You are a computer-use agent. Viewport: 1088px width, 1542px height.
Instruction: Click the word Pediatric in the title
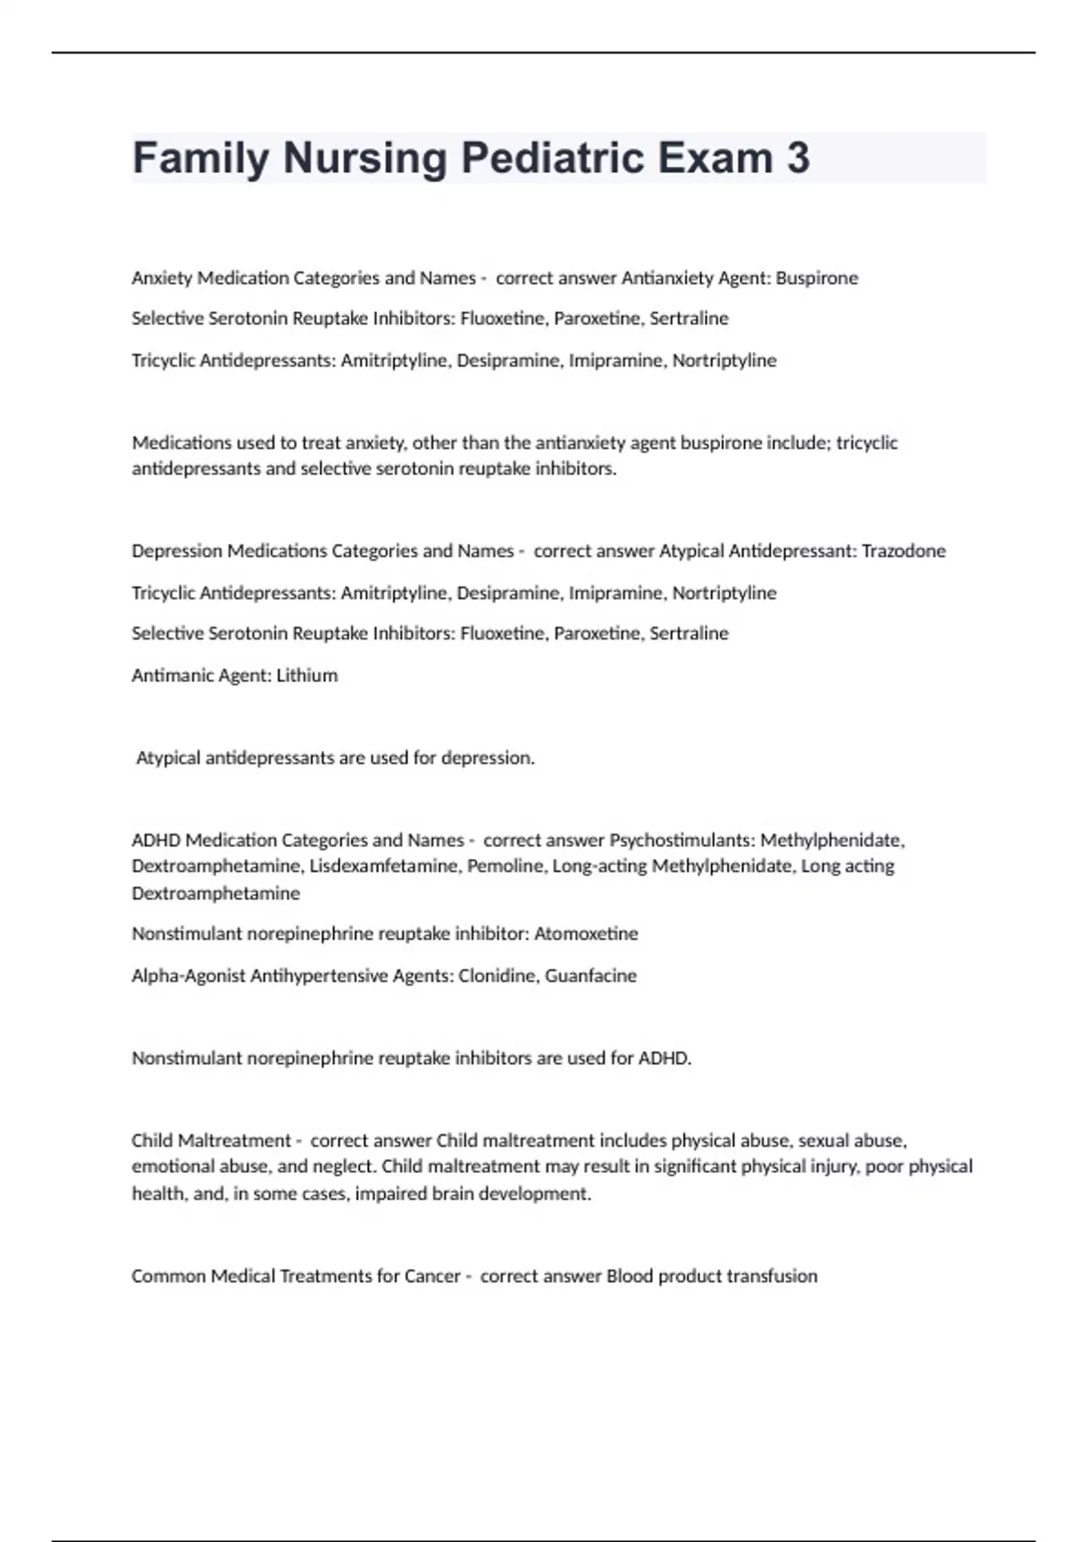pyautogui.click(x=552, y=158)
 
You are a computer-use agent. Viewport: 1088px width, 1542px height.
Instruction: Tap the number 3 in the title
pyautogui.click(x=798, y=158)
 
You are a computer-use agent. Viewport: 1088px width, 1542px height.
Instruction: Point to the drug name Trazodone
pyautogui.click(x=903, y=551)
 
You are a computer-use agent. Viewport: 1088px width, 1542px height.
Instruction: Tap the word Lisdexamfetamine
pyautogui.click(x=384, y=865)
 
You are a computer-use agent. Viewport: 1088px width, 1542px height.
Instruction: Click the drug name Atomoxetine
pyautogui.click(x=586, y=933)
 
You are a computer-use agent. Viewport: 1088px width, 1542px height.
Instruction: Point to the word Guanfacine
pyautogui.click(x=590, y=975)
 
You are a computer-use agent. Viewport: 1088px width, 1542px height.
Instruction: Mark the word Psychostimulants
pyautogui.click(x=681, y=840)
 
